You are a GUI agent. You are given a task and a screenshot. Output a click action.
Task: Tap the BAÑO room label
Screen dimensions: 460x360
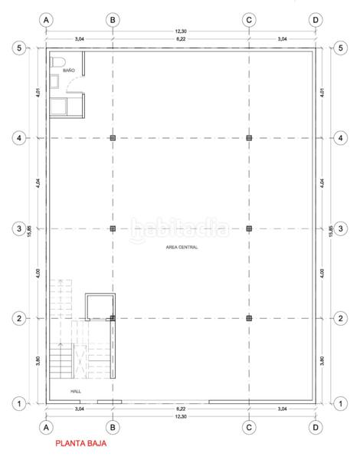tap(69, 71)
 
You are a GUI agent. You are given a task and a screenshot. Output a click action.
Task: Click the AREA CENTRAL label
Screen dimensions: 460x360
tap(181, 247)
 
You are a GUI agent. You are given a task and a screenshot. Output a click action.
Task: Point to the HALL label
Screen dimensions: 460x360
tap(76, 389)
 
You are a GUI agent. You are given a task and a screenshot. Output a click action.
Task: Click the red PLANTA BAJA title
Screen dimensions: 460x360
tap(80, 443)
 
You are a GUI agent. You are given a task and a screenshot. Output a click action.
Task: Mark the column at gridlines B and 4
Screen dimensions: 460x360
tap(113, 138)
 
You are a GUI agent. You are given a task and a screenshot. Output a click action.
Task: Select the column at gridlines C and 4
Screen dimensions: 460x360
tap(249, 138)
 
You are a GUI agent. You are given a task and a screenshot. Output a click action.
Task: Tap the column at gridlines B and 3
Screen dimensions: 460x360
tap(113, 228)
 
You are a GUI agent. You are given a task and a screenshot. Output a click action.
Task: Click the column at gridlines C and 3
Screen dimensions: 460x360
tap(249, 228)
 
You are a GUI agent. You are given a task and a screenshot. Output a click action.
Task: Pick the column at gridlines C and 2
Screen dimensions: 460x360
tap(249, 317)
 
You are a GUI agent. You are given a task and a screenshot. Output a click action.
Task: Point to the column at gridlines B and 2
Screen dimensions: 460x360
tap(113, 317)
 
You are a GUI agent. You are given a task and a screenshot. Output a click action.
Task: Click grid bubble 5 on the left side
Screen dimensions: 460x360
tap(21, 48)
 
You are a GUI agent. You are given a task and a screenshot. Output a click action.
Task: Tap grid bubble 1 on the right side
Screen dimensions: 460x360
tap(339, 402)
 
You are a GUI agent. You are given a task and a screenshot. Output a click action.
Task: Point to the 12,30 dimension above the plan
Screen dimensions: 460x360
tap(180, 31)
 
